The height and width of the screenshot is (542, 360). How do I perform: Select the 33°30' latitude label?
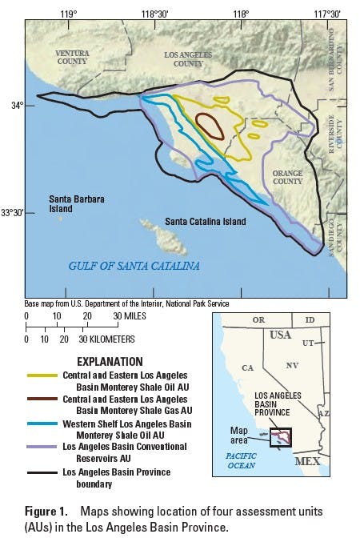point(12,212)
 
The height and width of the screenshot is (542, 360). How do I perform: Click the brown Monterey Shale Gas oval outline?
point(210,126)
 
